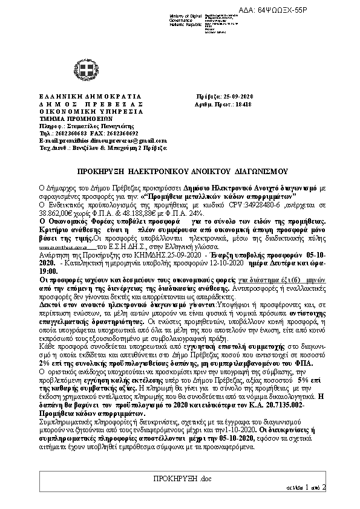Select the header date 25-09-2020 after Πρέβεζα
coord(238,97)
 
